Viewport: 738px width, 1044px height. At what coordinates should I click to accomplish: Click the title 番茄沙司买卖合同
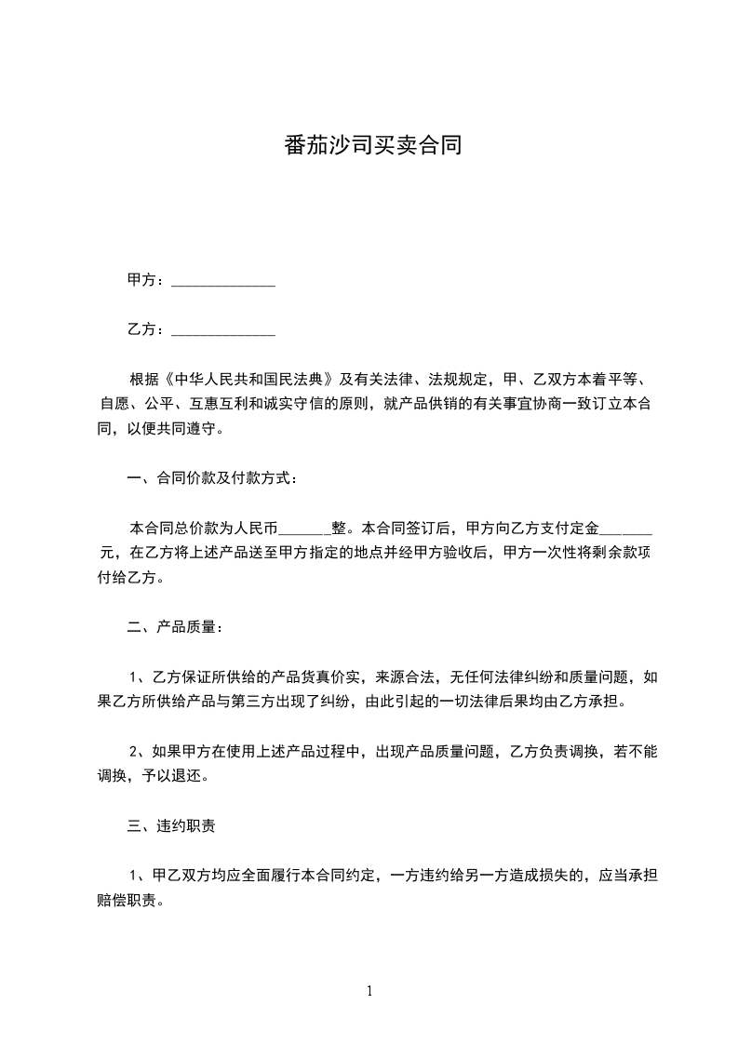(x=372, y=146)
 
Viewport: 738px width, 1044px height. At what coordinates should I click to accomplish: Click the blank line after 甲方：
(x=223, y=281)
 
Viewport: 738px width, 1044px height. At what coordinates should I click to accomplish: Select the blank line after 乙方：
(x=223, y=330)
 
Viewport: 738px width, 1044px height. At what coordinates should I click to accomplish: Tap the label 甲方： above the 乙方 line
(x=146, y=280)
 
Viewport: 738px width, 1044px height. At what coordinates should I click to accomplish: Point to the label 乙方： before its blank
(x=146, y=329)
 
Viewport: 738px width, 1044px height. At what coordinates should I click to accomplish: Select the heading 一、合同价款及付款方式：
(x=213, y=479)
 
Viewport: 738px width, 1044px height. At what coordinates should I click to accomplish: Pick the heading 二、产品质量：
(x=175, y=628)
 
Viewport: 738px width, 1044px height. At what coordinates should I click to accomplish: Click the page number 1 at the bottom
(x=369, y=991)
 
